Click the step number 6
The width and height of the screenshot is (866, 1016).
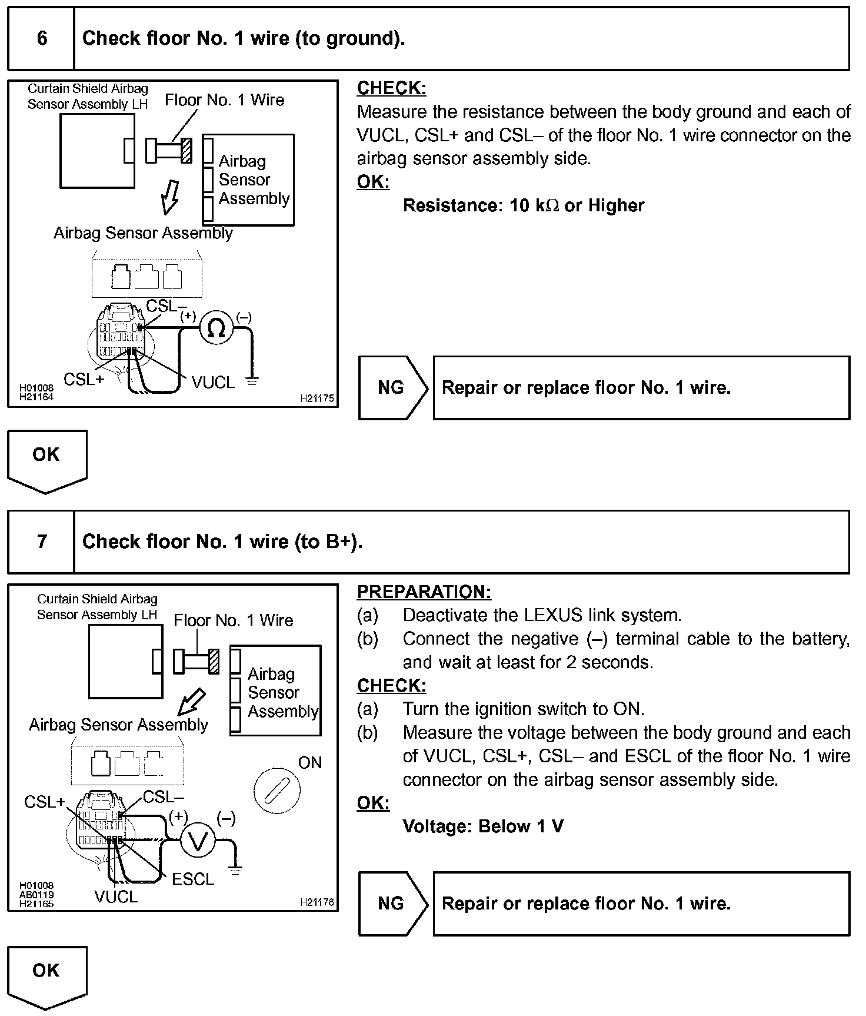click(42, 38)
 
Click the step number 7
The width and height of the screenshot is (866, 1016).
click(42, 541)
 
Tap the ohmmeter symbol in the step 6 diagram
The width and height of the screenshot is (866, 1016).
click(216, 328)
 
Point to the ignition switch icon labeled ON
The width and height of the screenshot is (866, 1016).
click(277, 789)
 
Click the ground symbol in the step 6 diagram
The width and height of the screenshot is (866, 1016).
click(252, 380)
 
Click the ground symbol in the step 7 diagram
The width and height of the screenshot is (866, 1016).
click(235, 870)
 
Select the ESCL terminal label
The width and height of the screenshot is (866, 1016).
click(193, 879)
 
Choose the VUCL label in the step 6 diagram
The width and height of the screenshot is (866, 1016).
click(213, 383)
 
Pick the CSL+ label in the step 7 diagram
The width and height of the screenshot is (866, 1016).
click(44, 802)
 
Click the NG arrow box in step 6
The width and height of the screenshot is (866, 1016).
click(392, 387)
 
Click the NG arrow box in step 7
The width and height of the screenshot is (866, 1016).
click(392, 903)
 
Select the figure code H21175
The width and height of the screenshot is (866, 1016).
click(317, 399)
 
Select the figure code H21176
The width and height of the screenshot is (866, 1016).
click(317, 902)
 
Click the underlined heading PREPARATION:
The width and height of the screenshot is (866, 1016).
click(424, 592)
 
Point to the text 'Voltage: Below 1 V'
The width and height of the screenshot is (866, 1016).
click(483, 826)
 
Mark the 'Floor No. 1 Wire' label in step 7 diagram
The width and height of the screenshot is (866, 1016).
click(233, 620)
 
